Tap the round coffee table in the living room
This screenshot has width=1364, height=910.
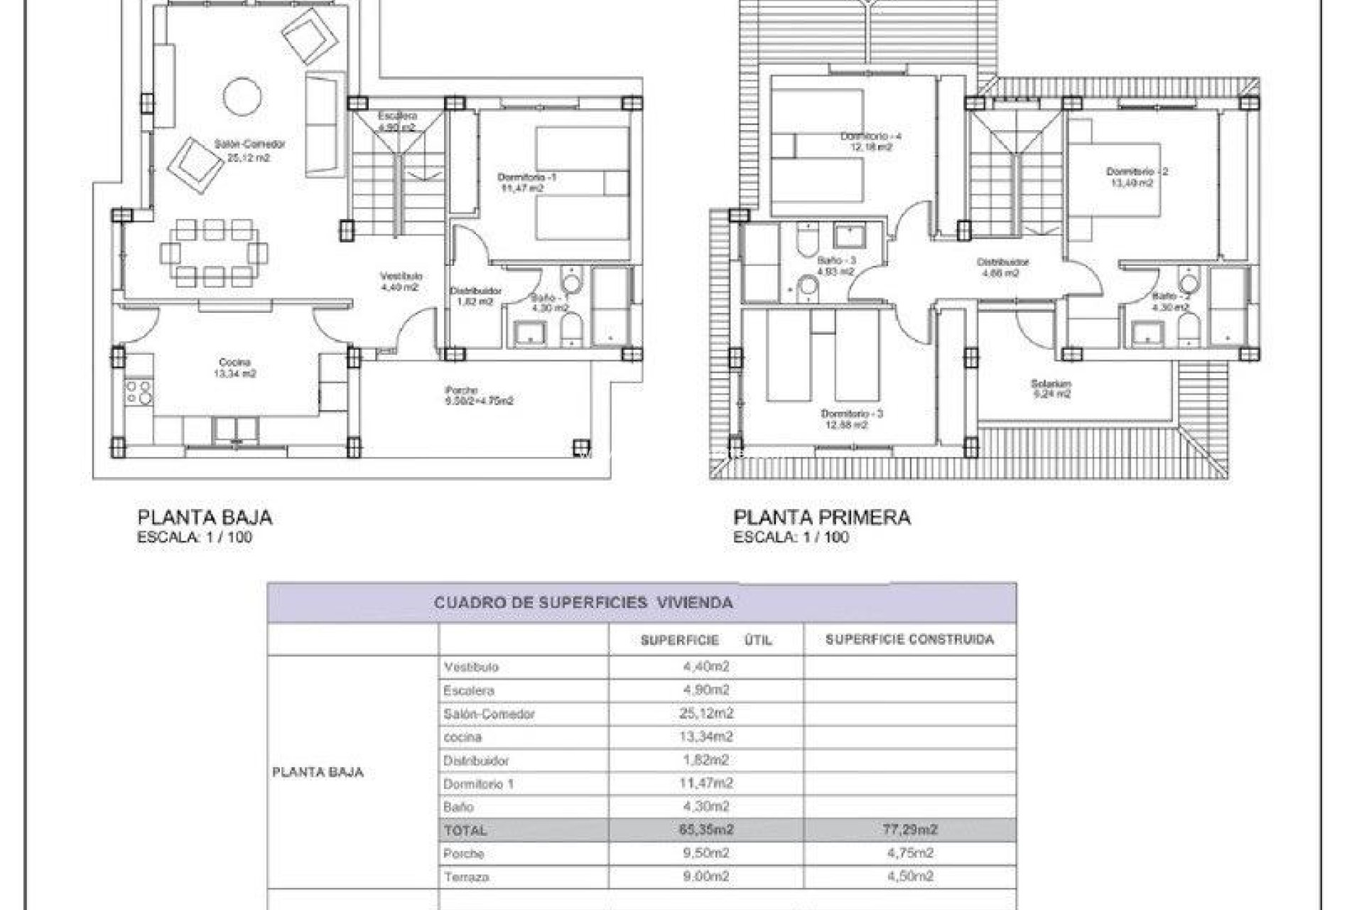[242, 95]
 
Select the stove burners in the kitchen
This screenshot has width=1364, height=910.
[139, 392]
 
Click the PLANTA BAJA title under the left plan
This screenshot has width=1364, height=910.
[205, 517]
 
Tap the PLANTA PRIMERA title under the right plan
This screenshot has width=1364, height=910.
[821, 517]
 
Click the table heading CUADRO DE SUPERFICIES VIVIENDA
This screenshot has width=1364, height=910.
[583, 603]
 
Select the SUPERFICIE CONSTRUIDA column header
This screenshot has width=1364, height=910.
[909, 639]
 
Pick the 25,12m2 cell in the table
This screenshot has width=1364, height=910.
[705, 713]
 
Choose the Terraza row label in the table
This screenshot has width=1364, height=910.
[466, 877]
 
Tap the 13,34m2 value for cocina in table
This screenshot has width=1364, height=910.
[705, 737]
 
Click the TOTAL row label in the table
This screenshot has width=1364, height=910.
[465, 830]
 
